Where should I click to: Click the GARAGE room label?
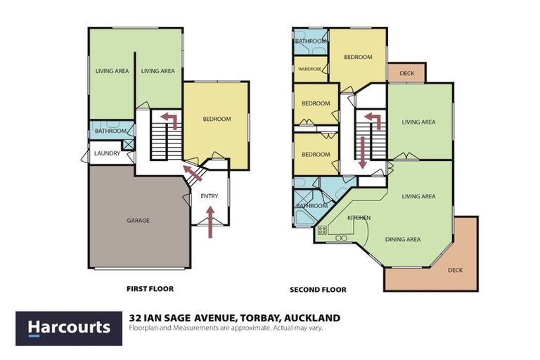(139, 220)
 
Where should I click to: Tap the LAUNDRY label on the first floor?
(107, 153)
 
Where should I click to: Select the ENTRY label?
(210, 195)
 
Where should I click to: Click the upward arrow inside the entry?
(210, 224)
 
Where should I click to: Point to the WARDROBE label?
(310, 70)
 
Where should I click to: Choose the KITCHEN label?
(359, 218)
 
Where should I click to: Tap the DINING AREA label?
(403, 239)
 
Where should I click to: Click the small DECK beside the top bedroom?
(406, 73)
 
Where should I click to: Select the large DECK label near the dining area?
(456, 269)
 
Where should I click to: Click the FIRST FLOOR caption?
(150, 288)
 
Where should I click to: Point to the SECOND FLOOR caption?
(318, 289)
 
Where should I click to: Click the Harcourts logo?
(69, 327)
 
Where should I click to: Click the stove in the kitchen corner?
(322, 229)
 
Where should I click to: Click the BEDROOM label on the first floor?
(217, 119)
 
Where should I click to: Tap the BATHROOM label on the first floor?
(110, 131)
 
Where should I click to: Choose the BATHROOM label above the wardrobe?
(311, 41)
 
